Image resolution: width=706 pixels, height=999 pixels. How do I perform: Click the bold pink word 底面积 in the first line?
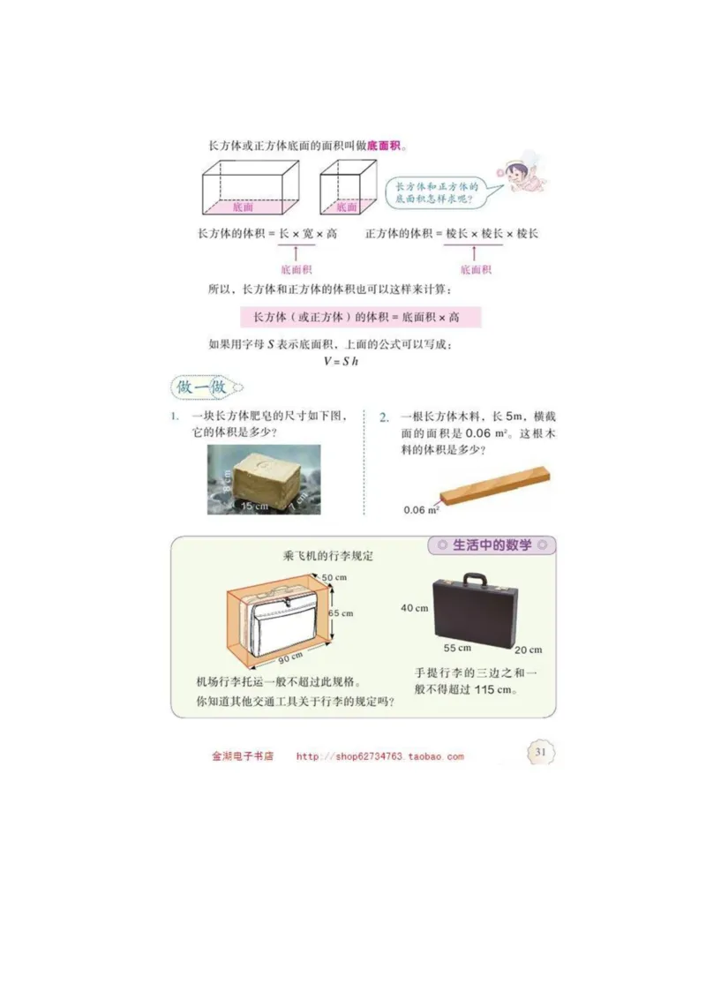pyautogui.click(x=384, y=145)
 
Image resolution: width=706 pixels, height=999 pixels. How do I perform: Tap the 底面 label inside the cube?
pyautogui.click(x=346, y=208)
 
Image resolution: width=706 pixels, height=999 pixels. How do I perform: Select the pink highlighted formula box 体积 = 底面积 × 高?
pyautogui.click(x=361, y=316)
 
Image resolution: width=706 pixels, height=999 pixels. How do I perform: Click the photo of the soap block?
pyautogui.click(x=264, y=479)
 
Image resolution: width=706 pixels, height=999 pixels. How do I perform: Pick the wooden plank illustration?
pyautogui.click(x=497, y=488)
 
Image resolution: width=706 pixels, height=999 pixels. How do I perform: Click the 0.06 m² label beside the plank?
pyautogui.click(x=421, y=509)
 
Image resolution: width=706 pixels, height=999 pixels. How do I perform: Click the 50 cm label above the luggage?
pyautogui.click(x=334, y=577)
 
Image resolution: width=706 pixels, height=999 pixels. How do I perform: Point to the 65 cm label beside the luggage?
pyautogui.click(x=340, y=612)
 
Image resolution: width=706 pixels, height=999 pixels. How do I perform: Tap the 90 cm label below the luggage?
pyautogui.click(x=290, y=657)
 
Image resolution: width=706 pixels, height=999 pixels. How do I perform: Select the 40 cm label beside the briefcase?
pyautogui.click(x=414, y=608)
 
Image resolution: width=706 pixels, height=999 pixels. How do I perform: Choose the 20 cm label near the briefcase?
pyautogui.click(x=528, y=650)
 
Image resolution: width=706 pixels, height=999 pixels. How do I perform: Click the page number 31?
pyautogui.click(x=540, y=752)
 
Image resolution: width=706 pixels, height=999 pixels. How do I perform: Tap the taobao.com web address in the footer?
pyautogui.click(x=379, y=756)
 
